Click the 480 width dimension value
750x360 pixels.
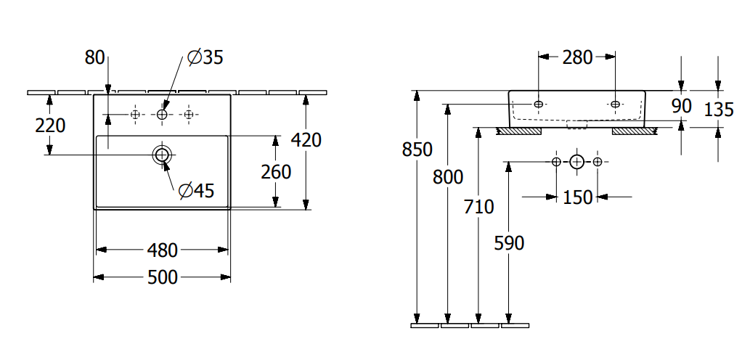163,250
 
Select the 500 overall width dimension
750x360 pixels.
163,277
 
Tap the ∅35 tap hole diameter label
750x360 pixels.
205,57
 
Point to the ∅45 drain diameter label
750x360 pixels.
196,191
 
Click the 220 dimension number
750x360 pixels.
50,126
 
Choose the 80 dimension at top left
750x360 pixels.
95,57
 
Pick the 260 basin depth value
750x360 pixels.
276,172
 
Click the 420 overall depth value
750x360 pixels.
306,140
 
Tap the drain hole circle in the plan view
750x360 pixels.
162,154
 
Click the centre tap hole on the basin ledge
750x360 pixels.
162,114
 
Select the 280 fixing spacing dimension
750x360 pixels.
578,57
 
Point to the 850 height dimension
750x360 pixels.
417,150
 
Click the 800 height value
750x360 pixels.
447,176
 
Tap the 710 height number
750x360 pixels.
478,207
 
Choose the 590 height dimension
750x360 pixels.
509,243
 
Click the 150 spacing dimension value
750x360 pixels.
578,197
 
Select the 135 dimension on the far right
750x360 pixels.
719,110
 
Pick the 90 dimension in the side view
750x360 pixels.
681,106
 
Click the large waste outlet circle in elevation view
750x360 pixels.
576,161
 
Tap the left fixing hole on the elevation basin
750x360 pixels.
539,105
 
